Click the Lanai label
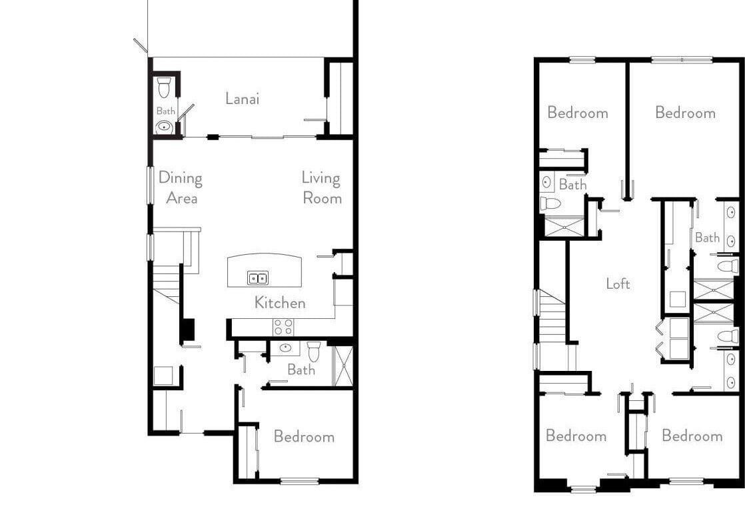pyautogui.click(x=243, y=99)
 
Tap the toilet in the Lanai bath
pyautogui.click(x=163, y=87)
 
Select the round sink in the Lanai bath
pyautogui.click(x=165, y=127)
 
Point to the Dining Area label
pyautogui.click(x=181, y=187)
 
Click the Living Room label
pyautogui.click(x=322, y=187)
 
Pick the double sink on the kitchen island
pyautogui.click(x=257, y=278)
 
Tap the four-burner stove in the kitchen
pyautogui.click(x=283, y=328)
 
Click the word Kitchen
pyautogui.click(x=280, y=302)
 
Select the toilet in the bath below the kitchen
pyautogui.click(x=314, y=351)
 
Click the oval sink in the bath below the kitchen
pyautogui.click(x=285, y=348)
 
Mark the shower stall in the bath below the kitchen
pyautogui.click(x=344, y=366)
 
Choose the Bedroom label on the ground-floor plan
pyautogui.click(x=304, y=436)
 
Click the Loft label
pyautogui.click(x=618, y=284)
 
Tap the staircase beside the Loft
pyautogui.click(x=552, y=316)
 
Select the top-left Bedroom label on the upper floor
pyautogui.click(x=578, y=112)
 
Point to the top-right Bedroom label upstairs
pyautogui.click(x=685, y=112)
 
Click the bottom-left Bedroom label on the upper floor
pyautogui.click(x=576, y=435)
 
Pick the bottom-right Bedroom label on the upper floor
pyautogui.click(x=692, y=435)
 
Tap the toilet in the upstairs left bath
pyautogui.click(x=550, y=203)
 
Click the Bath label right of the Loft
pyautogui.click(x=707, y=237)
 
